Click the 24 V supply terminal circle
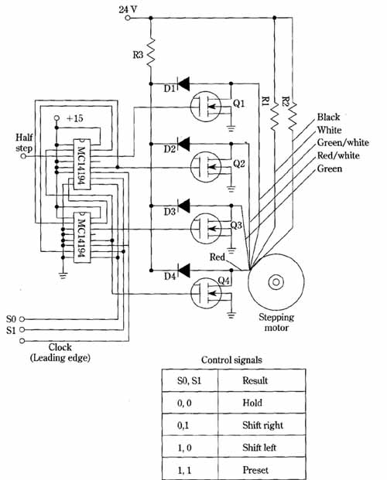128,18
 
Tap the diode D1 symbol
183,83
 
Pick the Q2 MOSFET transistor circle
205,166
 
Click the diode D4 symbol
183,271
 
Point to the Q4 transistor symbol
205,293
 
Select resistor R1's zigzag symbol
275,115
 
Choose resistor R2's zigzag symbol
293,115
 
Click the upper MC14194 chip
82,165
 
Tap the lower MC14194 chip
82,237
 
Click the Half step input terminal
23,156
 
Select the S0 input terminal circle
22,319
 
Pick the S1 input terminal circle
22,330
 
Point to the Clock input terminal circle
22,341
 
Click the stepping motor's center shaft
276,282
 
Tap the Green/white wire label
343,143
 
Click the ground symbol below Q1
231,128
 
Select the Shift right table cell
262,425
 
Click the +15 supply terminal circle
57,118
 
